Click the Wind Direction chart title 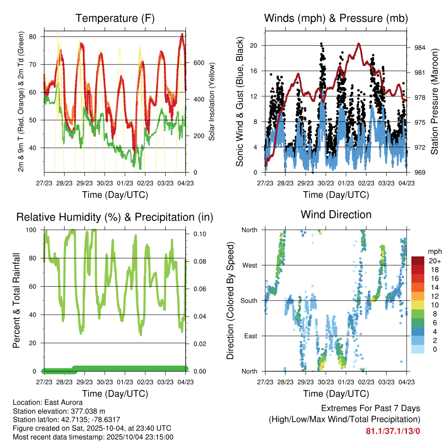click(336, 215)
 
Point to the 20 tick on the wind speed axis click(254, 45)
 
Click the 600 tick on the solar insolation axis click(199, 63)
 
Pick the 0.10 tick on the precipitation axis click(200, 234)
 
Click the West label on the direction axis click(249, 265)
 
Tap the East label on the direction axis click(250, 336)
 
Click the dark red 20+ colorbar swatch click(418, 261)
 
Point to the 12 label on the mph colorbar click(432, 296)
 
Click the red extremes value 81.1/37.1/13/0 click(393, 431)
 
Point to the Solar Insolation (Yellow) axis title click(212, 102)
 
